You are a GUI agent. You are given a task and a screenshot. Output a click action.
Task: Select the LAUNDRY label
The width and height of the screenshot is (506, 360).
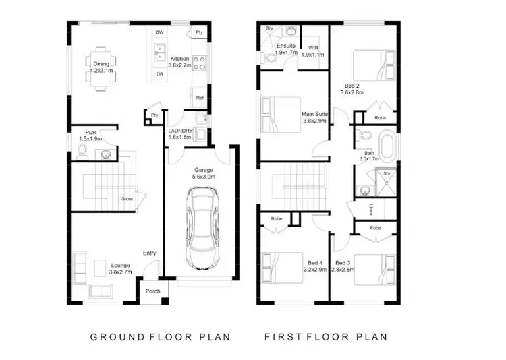(x=180, y=131)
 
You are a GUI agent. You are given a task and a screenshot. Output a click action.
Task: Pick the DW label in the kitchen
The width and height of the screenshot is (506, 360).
(x=159, y=32)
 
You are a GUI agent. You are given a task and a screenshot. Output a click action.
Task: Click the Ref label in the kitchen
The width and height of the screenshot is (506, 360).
(x=200, y=98)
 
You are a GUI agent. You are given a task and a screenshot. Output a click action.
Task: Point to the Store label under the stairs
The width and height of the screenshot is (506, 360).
(x=126, y=199)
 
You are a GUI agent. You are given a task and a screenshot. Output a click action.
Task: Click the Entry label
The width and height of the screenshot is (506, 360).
(x=150, y=253)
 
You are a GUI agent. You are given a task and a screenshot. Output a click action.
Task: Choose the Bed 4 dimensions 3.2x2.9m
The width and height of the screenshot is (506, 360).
(x=314, y=269)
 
